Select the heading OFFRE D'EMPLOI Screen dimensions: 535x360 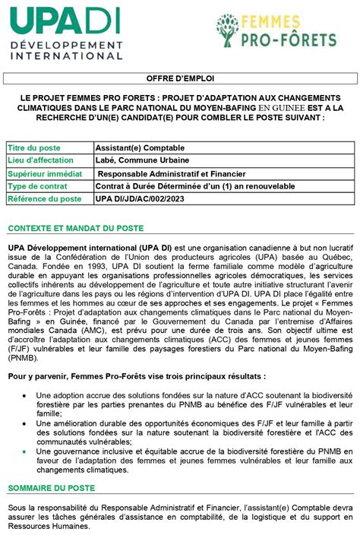click(180, 79)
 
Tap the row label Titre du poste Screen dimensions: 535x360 click(35, 147)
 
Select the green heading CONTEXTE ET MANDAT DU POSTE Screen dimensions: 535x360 click(75, 229)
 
